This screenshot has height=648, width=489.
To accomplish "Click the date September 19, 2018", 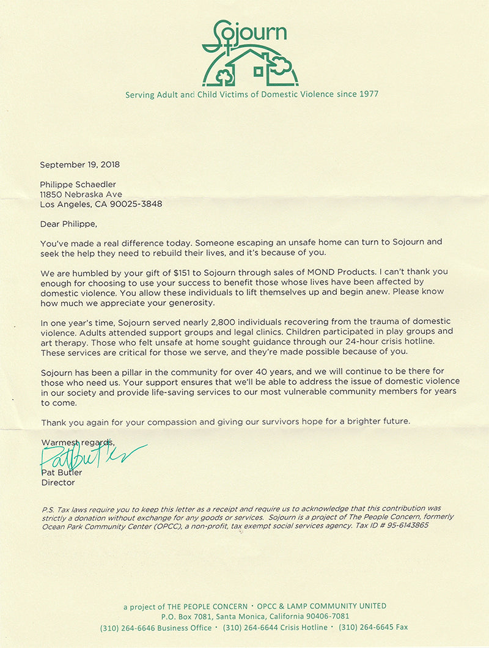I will click(79, 164).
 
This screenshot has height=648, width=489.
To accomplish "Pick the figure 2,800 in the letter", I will click(228, 322).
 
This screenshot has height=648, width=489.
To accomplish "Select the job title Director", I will click(57, 482).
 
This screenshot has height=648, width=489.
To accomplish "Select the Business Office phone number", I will click(128, 627).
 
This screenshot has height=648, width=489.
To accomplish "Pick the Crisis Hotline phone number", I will click(251, 627).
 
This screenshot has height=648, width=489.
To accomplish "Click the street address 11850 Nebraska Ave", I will click(81, 194).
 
